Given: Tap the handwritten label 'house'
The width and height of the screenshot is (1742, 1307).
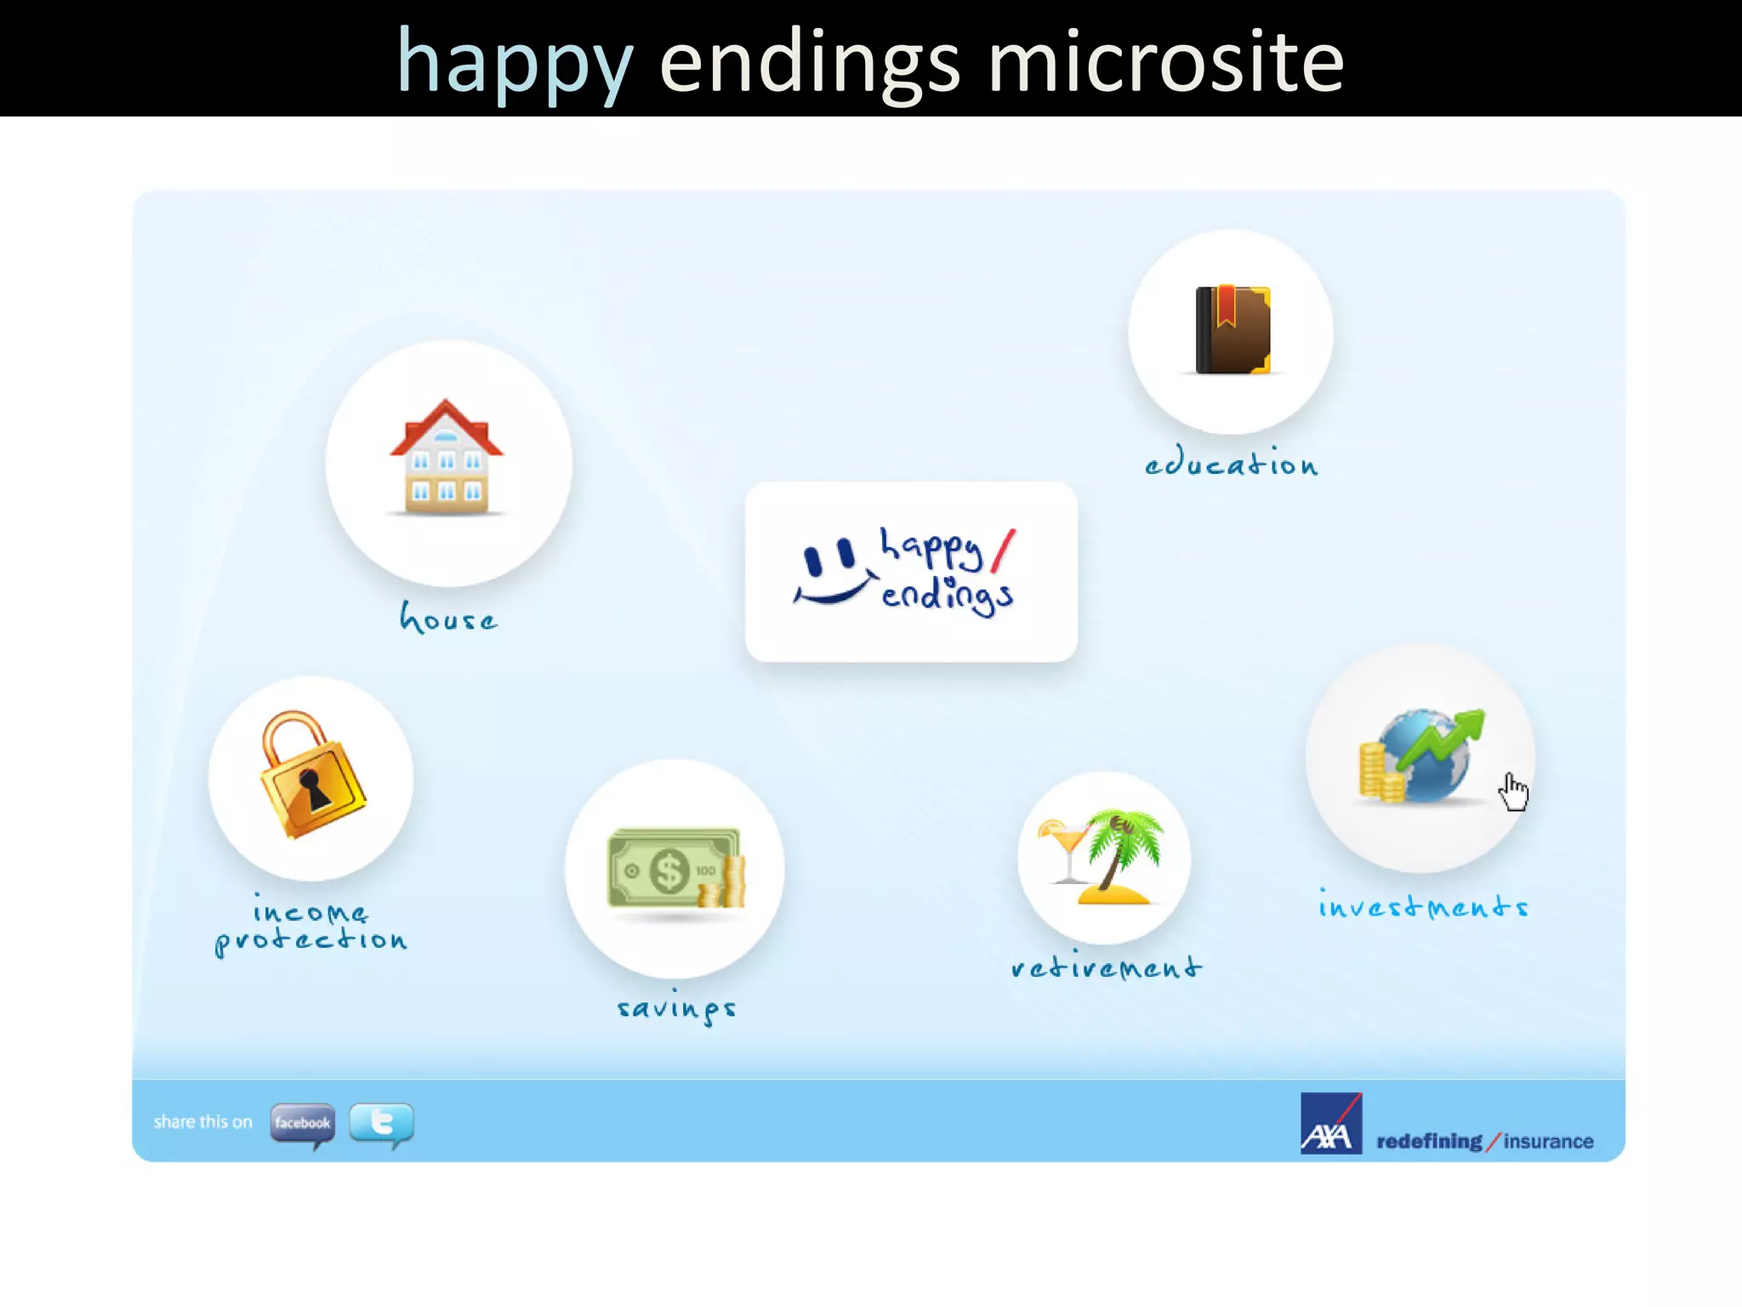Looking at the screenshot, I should (x=448, y=619).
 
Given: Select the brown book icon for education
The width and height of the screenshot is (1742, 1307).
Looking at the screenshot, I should (x=1232, y=330).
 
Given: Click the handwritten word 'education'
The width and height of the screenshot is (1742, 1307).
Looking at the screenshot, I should (x=1231, y=463).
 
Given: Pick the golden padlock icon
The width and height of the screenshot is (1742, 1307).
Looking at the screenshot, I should (x=312, y=774).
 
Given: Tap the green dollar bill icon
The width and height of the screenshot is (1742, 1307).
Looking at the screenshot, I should (x=672, y=869).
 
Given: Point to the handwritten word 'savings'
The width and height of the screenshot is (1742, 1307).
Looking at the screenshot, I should (x=676, y=1008).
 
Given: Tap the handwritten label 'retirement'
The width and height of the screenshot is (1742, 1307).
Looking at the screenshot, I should (x=1106, y=967).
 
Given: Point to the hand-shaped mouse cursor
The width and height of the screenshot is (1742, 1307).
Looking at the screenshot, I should (x=1513, y=792).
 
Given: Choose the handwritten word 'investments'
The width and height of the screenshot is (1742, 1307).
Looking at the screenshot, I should (x=1423, y=906).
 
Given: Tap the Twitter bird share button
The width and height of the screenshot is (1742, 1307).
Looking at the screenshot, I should (x=382, y=1122).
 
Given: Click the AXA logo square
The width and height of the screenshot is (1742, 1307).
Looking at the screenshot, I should (x=1330, y=1123).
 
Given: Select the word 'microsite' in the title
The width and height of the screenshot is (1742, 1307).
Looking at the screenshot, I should (x=1165, y=61).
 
